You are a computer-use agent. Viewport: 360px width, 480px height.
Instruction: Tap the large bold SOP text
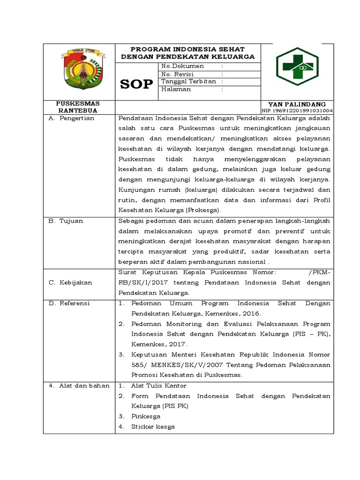tap(136, 84)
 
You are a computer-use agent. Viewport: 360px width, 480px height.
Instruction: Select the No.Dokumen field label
tap(182, 66)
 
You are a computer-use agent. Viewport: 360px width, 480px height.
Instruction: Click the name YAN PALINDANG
tap(297, 104)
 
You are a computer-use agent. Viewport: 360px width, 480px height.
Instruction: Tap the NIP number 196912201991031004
tap(297, 111)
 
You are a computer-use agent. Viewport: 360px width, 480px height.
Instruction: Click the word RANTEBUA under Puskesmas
tap(78, 111)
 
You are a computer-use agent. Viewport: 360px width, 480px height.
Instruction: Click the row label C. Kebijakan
tap(70, 283)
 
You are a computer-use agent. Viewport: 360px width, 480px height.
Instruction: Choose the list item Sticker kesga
tap(153, 427)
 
